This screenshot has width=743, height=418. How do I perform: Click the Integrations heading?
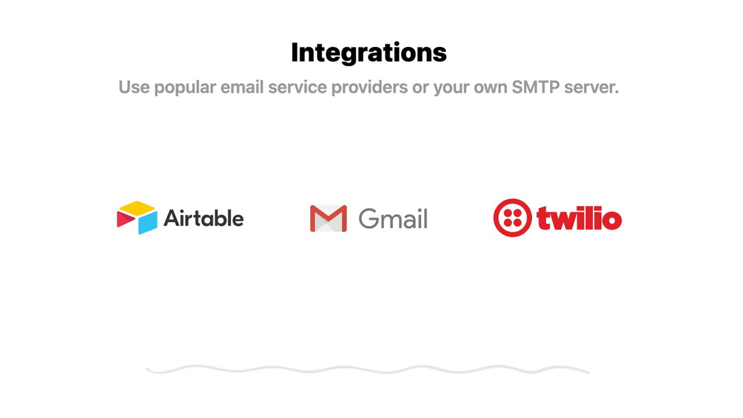(x=369, y=52)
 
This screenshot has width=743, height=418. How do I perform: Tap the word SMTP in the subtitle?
(x=536, y=88)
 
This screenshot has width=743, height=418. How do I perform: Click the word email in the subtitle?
(x=242, y=88)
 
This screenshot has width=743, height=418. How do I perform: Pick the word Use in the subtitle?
(x=134, y=88)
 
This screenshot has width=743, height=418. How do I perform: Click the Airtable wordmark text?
(x=204, y=218)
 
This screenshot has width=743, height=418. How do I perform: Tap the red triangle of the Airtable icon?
(x=125, y=219)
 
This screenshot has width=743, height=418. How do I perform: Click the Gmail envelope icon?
(x=328, y=218)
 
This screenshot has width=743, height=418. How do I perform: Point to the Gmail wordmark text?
(x=393, y=218)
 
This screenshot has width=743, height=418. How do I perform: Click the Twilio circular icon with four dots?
(x=512, y=218)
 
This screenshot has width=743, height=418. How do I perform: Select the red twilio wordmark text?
(x=579, y=218)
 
